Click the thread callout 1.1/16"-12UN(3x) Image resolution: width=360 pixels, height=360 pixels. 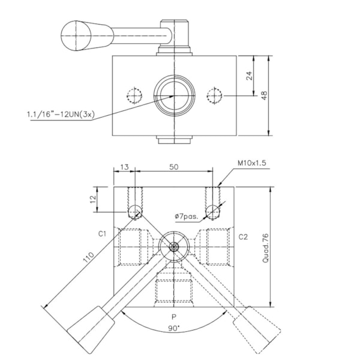tap(60, 113)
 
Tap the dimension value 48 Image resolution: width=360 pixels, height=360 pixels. tap(264, 95)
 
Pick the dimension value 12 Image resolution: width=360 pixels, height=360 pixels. tap(93, 198)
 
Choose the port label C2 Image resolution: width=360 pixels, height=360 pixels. tap(243, 236)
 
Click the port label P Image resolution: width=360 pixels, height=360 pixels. tap(173, 317)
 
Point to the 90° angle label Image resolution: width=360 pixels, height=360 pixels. tap(173, 329)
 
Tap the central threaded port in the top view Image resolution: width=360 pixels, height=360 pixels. tap(173, 95)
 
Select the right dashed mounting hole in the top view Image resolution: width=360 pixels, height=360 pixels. tap(214, 95)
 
